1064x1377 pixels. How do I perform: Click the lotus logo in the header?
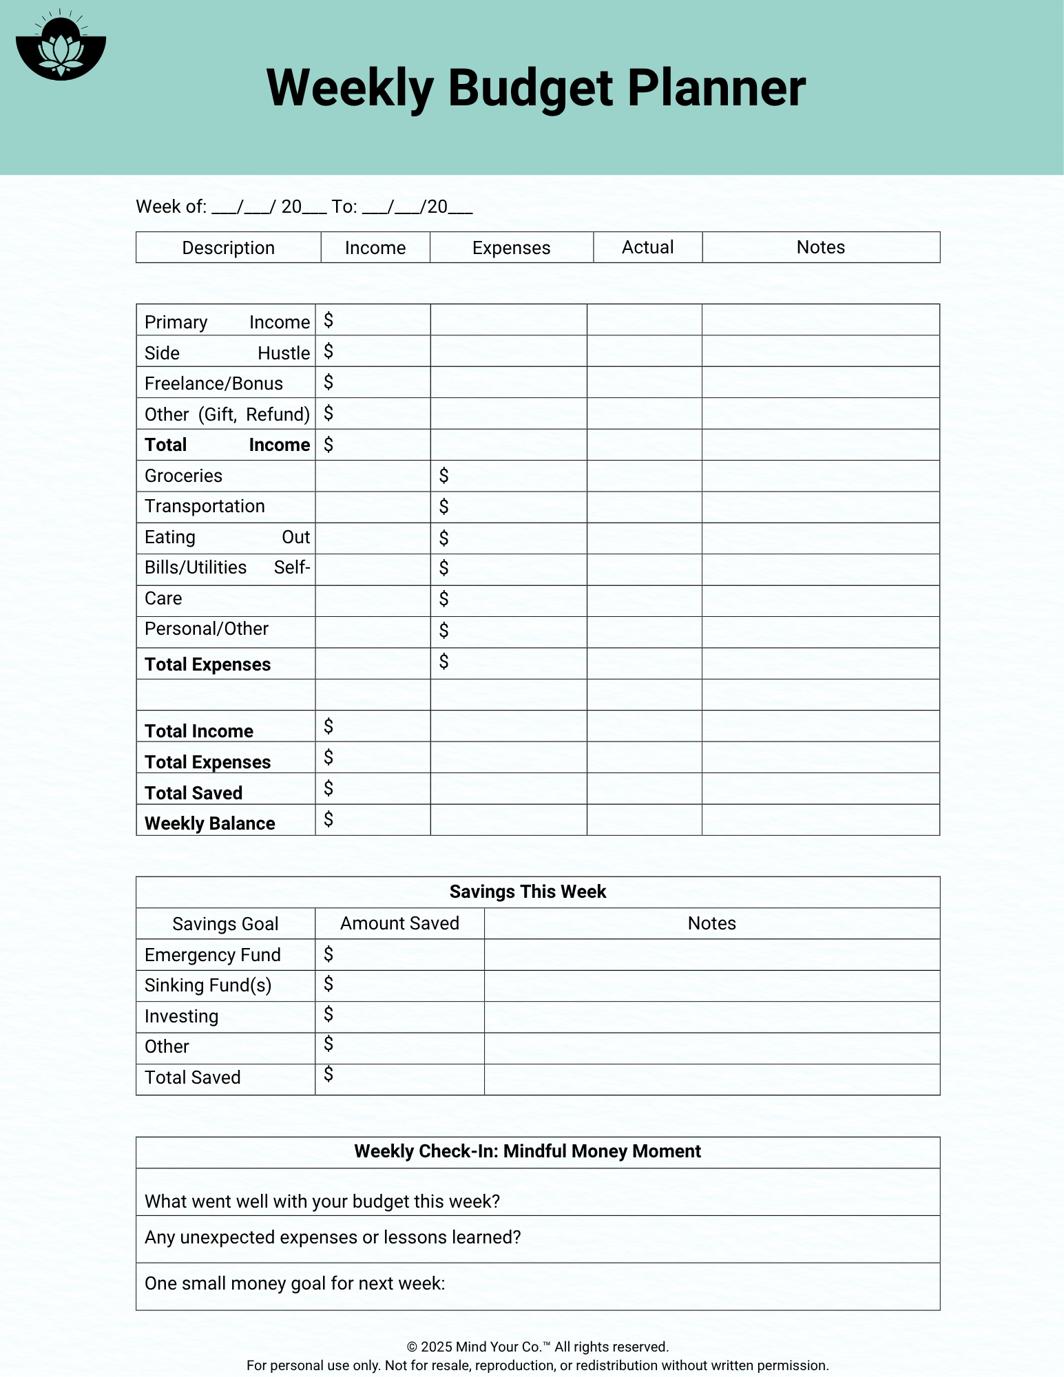(61, 47)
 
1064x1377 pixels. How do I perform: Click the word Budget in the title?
(530, 88)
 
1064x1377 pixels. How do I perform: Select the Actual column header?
(647, 247)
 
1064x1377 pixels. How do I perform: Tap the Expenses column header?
(511, 248)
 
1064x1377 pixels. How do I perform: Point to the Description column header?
(228, 248)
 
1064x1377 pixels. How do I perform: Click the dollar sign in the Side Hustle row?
(328, 352)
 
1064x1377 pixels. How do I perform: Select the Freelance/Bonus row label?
(213, 383)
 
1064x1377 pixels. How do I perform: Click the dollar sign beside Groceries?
(444, 475)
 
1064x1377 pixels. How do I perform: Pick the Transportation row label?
(205, 506)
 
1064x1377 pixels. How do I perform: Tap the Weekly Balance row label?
(209, 823)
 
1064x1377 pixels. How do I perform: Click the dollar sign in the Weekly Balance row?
(328, 819)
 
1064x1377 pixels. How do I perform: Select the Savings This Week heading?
(528, 892)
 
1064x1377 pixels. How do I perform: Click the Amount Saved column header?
(399, 923)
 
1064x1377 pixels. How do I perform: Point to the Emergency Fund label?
(212, 955)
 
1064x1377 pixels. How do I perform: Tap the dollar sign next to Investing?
(328, 1014)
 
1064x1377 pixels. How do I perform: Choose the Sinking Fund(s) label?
(208, 985)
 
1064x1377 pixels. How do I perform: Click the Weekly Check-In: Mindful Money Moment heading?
(528, 1151)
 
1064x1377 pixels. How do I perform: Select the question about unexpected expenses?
(333, 1237)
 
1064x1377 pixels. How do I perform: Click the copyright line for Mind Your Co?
(537, 1347)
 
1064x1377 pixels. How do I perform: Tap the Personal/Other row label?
(206, 629)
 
